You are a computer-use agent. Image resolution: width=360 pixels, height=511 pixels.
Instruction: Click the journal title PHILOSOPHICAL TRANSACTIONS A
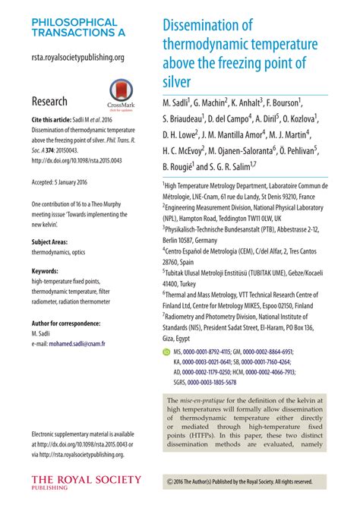click(x=74, y=28)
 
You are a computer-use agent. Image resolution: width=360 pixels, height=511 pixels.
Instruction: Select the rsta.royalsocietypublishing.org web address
click(x=77, y=57)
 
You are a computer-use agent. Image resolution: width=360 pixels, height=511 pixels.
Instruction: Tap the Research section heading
click(x=49, y=101)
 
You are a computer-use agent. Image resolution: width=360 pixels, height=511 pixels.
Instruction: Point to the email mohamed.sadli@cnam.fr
click(x=67, y=343)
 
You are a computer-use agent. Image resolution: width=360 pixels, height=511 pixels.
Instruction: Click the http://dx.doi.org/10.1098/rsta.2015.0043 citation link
click(x=75, y=160)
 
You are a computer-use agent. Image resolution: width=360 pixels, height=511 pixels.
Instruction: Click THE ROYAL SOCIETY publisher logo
click(x=85, y=481)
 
